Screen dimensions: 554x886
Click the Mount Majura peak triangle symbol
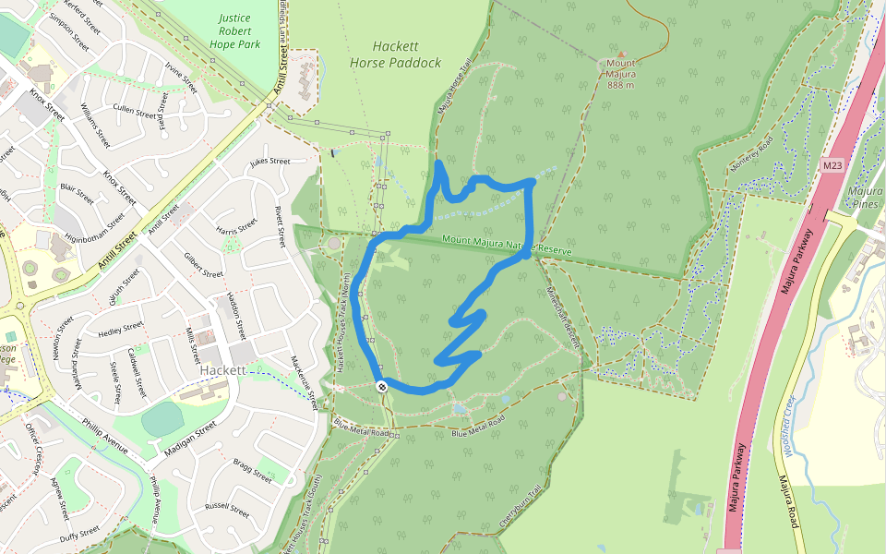(x=621, y=54)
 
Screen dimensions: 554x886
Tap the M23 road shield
(x=832, y=165)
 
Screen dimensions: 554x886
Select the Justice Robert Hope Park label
(x=235, y=30)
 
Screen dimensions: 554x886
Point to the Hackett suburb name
(x=222, y=370)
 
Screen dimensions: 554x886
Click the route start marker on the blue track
(x=381, y=386)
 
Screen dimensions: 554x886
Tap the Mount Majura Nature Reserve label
(x=507, y=246)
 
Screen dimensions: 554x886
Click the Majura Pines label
(x=865, y=198)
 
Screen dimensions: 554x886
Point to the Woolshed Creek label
(x=799, y=427)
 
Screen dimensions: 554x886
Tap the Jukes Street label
(x=269, y=162)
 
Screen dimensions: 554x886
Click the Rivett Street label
(x=279, y=227)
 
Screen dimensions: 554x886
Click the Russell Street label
(x=228, y=508)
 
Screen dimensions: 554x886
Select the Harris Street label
(x=236, y=227)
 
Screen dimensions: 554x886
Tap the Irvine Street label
(x=181, y=78)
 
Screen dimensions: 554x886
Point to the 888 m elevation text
(x=620, y=85)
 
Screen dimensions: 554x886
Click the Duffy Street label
(x=79, y=533)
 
